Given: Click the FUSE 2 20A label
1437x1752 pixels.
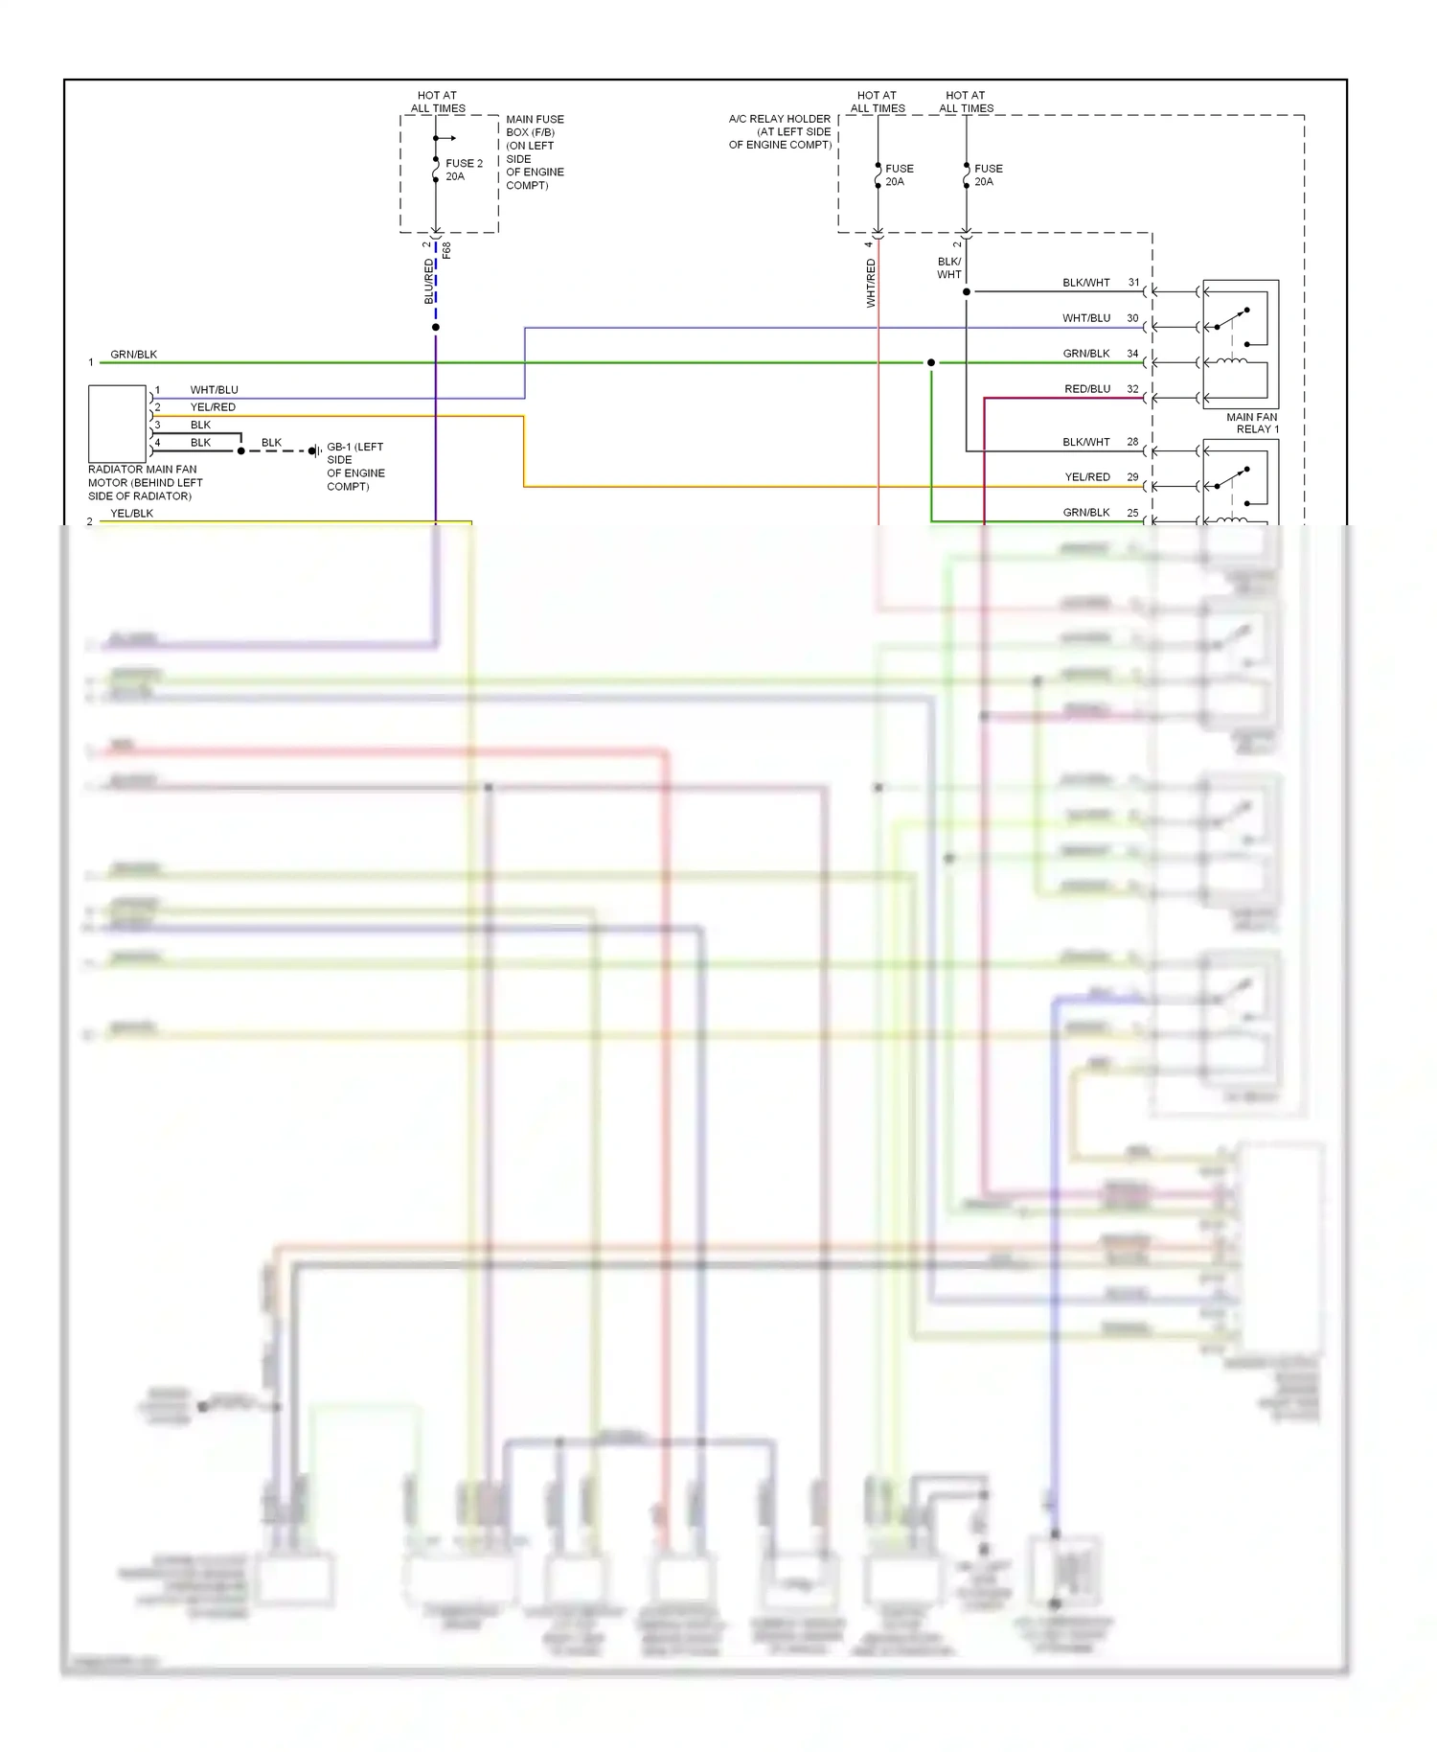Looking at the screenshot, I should (x=464, y=170).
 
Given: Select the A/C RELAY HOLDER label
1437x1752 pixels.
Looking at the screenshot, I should (x=780, y=131).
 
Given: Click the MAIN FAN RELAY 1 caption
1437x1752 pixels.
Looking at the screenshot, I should (x=1252, y=423).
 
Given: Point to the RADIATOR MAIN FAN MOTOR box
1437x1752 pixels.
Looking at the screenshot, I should (x=117, y=424).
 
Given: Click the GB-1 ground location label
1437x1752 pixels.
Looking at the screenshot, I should (x=355, y=466).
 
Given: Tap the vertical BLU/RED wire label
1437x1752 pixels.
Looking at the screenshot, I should (x=429, y=282).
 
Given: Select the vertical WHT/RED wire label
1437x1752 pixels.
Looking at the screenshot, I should (x=871, y=283).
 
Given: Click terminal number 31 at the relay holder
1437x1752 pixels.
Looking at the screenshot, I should (x=1133, y=283).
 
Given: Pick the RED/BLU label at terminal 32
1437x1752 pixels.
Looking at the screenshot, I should (x=1087, y=389).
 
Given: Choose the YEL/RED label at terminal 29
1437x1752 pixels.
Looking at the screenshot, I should (x=1087, y=477).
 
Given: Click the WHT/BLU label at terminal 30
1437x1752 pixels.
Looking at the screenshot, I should (x=1086, y=318).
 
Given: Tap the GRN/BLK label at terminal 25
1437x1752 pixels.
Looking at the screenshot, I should (x=1086, y=513).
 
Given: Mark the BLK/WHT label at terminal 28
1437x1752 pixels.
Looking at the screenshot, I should (x=1085, y=442).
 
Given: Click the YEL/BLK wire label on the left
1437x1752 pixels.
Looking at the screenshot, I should (x=131, y=514).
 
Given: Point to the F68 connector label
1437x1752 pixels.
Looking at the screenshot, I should (x=446, y=250).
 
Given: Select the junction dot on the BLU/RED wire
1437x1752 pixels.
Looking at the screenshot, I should (x=436, y=328).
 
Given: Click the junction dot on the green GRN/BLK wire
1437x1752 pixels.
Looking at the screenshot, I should (x=931, y=362).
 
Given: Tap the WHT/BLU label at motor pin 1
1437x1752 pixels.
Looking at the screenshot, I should (x=214, y=390).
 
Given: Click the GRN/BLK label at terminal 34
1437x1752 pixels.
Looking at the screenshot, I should (x=1086, y=354).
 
